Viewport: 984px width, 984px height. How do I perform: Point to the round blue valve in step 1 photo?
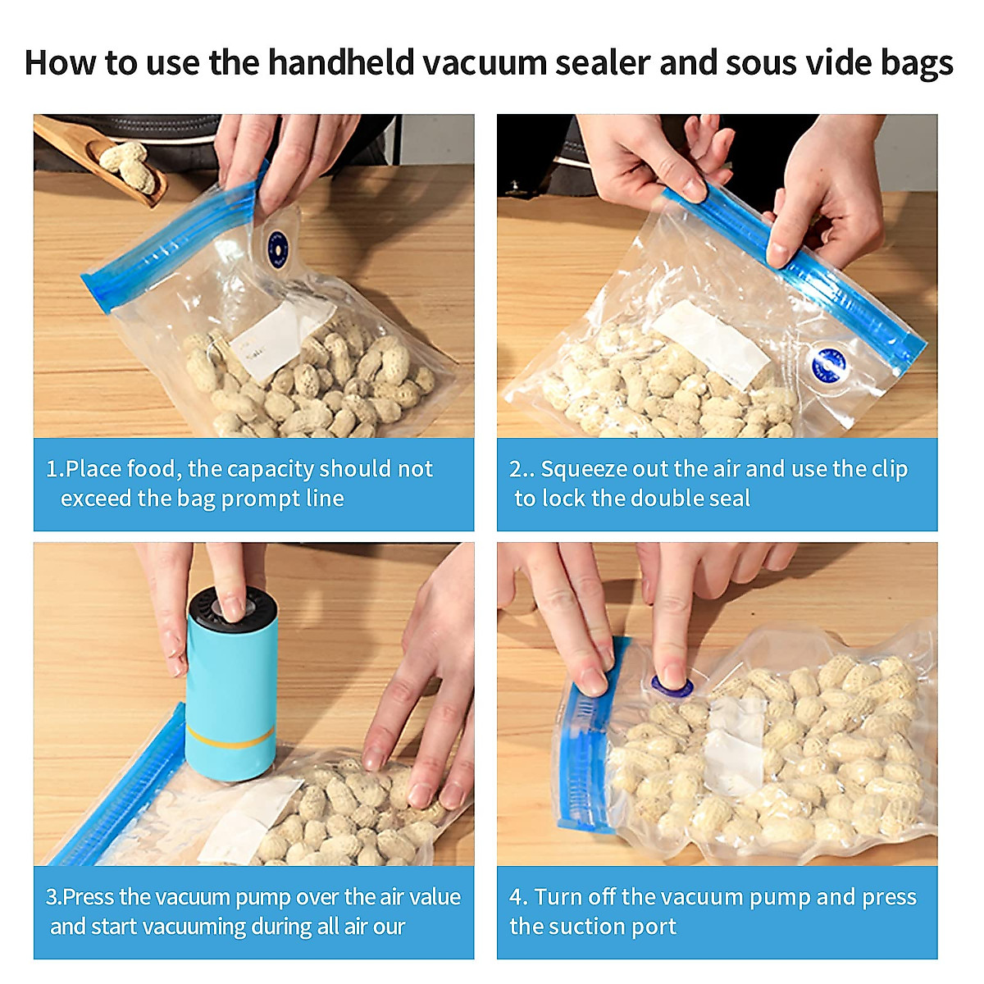[277, 244]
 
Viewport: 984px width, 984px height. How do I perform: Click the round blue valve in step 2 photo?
[827, 364]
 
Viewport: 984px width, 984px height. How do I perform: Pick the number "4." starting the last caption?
[518, 897]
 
